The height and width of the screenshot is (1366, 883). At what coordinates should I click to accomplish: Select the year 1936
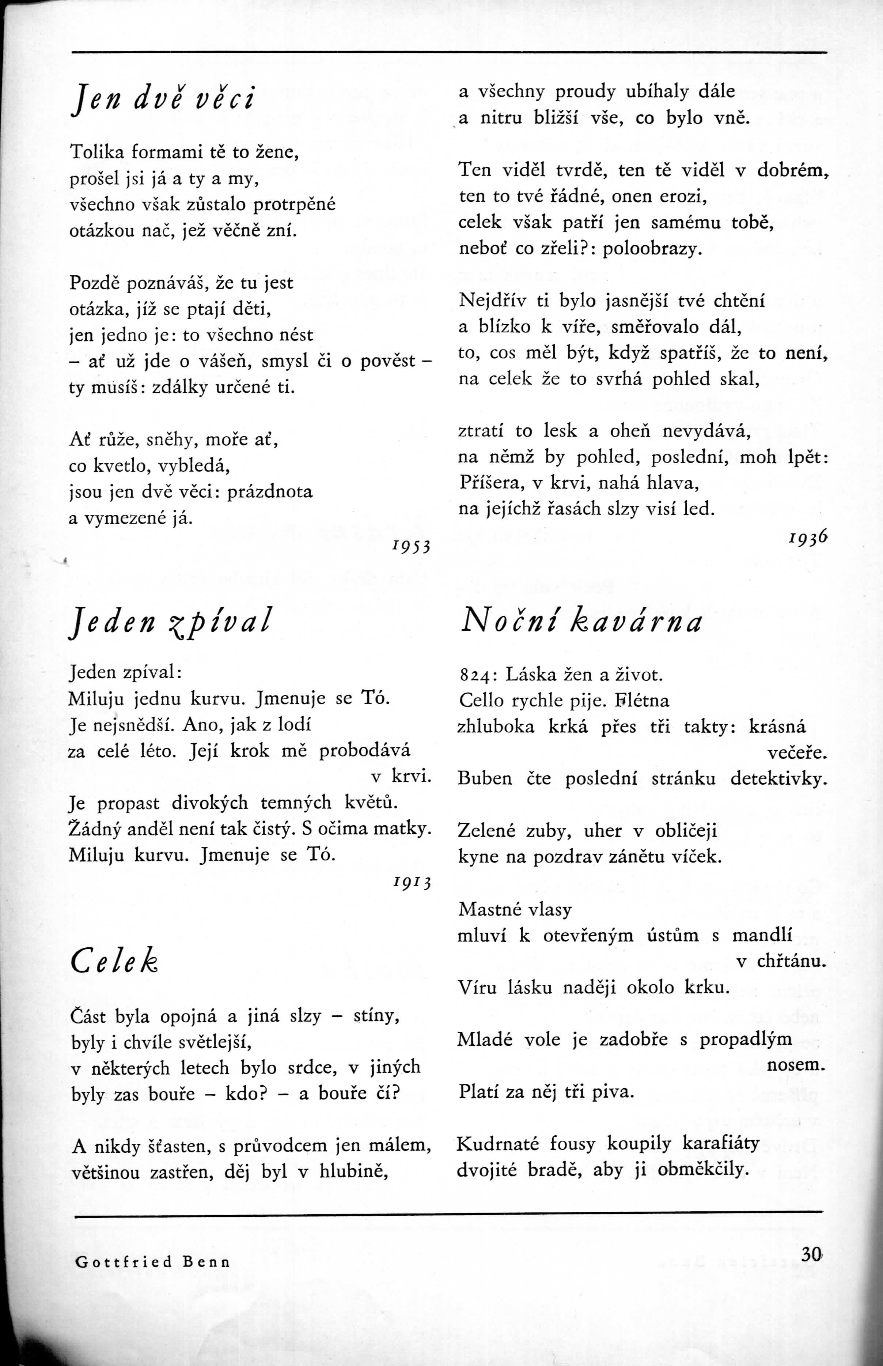808,537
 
